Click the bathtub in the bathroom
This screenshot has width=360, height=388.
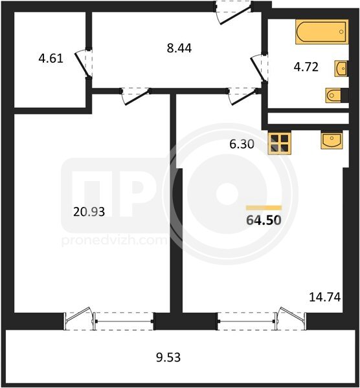(x=322, y=32)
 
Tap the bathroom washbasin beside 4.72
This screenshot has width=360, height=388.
(x=341, y=68)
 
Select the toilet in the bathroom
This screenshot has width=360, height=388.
(x=337, y=95)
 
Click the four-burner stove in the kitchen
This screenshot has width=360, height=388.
(x=280, y=144)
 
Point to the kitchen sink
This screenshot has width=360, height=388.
(x=332, y=140)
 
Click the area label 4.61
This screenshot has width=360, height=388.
(x=51, y=59)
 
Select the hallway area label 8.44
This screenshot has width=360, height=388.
(x=179, y=48)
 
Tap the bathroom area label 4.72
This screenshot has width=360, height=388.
(x=306, y=67)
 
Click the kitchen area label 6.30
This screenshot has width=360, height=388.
(x=242, y=144)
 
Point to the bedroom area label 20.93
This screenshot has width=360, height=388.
(x=89, y=212)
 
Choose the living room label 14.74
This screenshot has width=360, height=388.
(x=325, y=297)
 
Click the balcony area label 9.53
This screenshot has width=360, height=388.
(x=168, y=358)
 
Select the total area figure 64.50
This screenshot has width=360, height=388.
(x=264, y=220)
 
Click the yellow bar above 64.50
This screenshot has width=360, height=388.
(x=264, y=208)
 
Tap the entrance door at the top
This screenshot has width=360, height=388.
(x=233, y=13)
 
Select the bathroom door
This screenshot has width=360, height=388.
(x=259, y=67)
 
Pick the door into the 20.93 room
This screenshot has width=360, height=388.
(x=136, y=96)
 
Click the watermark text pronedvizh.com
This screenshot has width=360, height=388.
(x=114, y=241)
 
